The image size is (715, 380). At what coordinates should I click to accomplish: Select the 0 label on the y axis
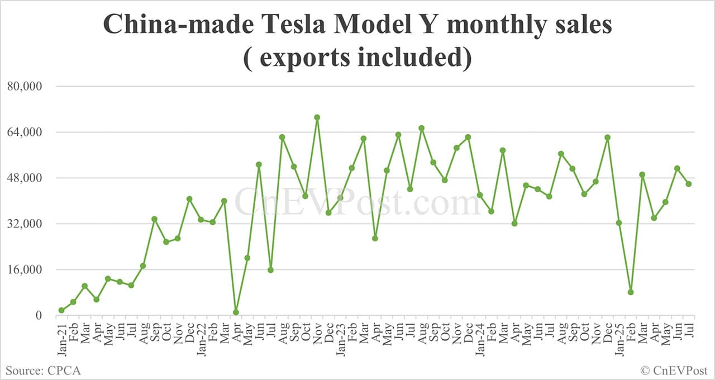[39, 316]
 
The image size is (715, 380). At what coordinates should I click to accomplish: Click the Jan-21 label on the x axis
[61, 337]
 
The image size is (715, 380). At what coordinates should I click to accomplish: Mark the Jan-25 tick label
[619, 337]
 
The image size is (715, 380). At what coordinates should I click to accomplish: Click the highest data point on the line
[317, 117]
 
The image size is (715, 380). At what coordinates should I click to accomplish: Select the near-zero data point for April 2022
[236, 312]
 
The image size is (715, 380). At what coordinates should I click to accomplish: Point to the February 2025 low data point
[631, 292]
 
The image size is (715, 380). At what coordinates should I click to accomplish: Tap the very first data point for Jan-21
[61, 311]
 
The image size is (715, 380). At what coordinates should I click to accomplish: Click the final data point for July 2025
[689, 184]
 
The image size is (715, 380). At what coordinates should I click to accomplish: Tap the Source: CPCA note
[44, 370]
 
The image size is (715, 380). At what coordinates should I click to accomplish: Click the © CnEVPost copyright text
[674, 370]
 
